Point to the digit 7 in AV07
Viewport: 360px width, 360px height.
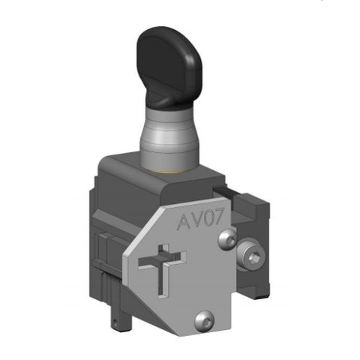(223, 218)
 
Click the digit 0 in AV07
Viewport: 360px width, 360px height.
(211, 220)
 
